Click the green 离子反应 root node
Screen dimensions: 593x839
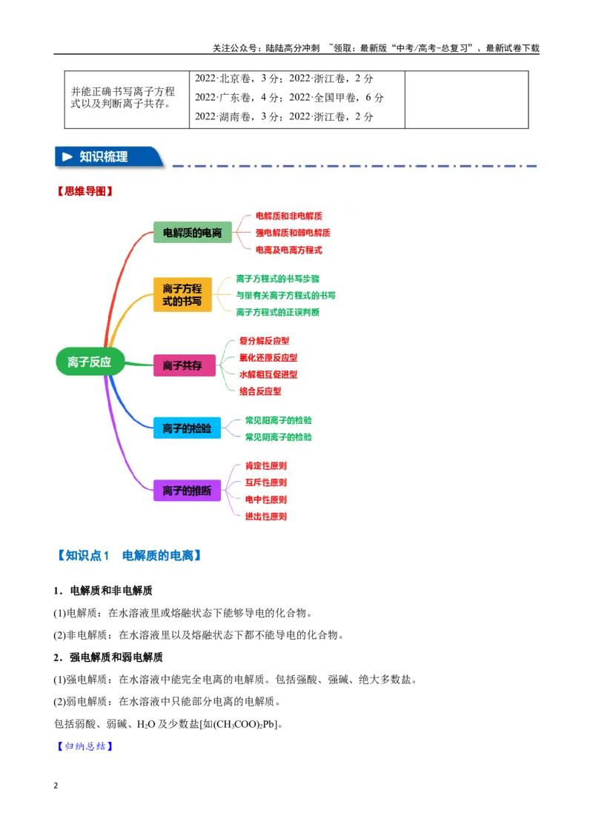pyautogui.click(x=90, y=362)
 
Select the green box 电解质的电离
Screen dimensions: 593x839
pyautogui.click(x=192, y=233)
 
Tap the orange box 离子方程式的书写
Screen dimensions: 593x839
pyautogui.click(x=182, y=295)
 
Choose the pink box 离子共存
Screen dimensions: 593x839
pyautogui.click(x=184, y=365)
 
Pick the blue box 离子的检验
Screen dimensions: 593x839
pyautogui.click(x=187, y=428)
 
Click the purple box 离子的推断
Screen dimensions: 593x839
pyautogui.click(x=187, y=491)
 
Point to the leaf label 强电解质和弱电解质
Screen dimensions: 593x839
pyautogui.click(x=293, y=233)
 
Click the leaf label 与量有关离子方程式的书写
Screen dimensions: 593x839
pyautogui.click(x=286, y=296)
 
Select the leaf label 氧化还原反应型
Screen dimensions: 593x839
pyautogui.click(x=268, y=358)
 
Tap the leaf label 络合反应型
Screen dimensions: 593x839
pyautogui.click(x=260, y=391)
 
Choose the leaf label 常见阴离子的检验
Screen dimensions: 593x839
pyautogui.click(x=278, y=437)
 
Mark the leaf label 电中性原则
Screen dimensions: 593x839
pyautogui.click(x=266, y=500)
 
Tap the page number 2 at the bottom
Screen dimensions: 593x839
pyautogui.click(x=56, y=786)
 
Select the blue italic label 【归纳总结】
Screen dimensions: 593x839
pyautogui.click(x=85, y=746)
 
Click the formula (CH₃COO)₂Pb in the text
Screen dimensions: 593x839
pyautogui.click(x=245, y=725)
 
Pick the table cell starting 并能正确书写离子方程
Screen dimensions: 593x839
pyautogui.click(x=127, y=99)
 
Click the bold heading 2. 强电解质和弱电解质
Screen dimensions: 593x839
pyautogui.click(x=108, y=657)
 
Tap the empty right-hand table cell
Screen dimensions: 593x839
pyautogui.click(x=467, y=99)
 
